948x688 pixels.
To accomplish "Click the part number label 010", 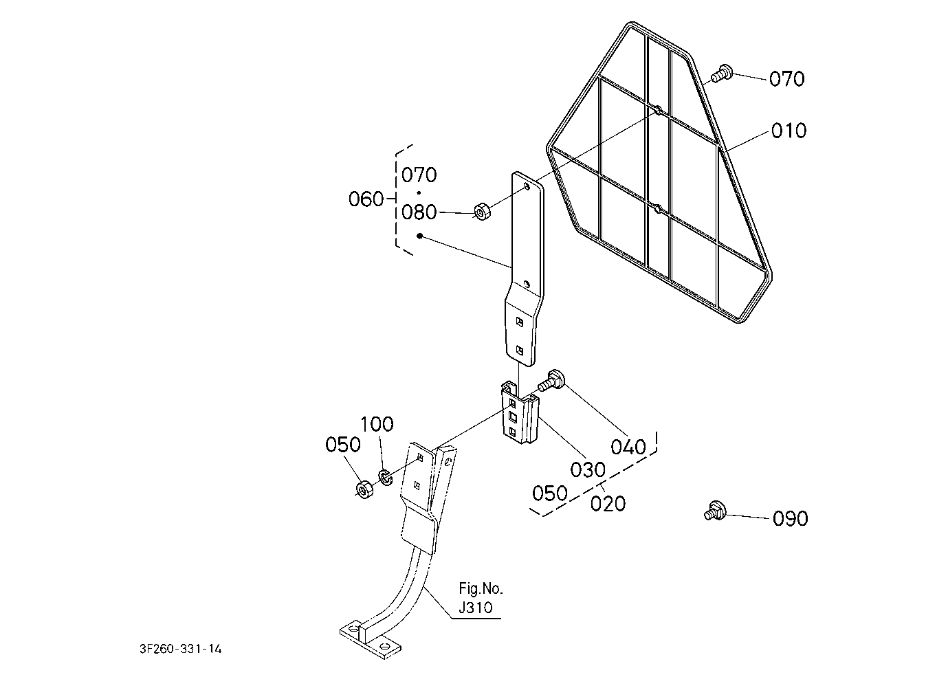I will coord(789,131).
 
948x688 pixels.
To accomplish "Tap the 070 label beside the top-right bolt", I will coord(786,79).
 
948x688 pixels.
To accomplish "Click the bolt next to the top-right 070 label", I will coord(721,73).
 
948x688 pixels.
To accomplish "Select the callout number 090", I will coord(791,518).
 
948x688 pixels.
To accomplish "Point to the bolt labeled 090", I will coord(714,511).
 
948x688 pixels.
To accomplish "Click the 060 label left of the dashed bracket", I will coord(366,199).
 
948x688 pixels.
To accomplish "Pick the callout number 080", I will coord(419,212).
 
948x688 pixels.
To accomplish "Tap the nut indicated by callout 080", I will coord(482,212).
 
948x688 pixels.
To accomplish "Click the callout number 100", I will coord(377,425).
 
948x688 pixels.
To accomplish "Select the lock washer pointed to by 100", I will coord(385,476).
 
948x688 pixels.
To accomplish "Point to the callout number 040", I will coord(628,447).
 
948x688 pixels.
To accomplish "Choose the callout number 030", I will coord(588,470).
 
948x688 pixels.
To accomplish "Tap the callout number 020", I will coord(608,504).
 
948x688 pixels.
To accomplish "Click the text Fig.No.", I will coord(481,589).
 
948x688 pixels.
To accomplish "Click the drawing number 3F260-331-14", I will coord(179,649).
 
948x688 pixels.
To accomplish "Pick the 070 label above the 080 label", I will coord(419,175).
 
